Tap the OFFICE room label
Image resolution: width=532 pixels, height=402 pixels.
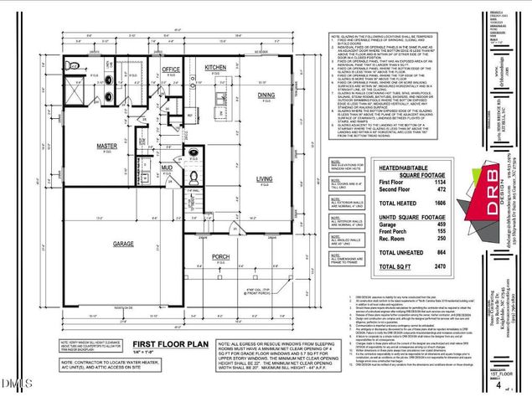171,70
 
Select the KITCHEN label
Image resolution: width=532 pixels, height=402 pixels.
215,67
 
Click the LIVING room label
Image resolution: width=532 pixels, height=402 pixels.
266,178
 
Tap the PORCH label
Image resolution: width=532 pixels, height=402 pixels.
221,256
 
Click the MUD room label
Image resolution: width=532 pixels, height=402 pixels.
166,167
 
